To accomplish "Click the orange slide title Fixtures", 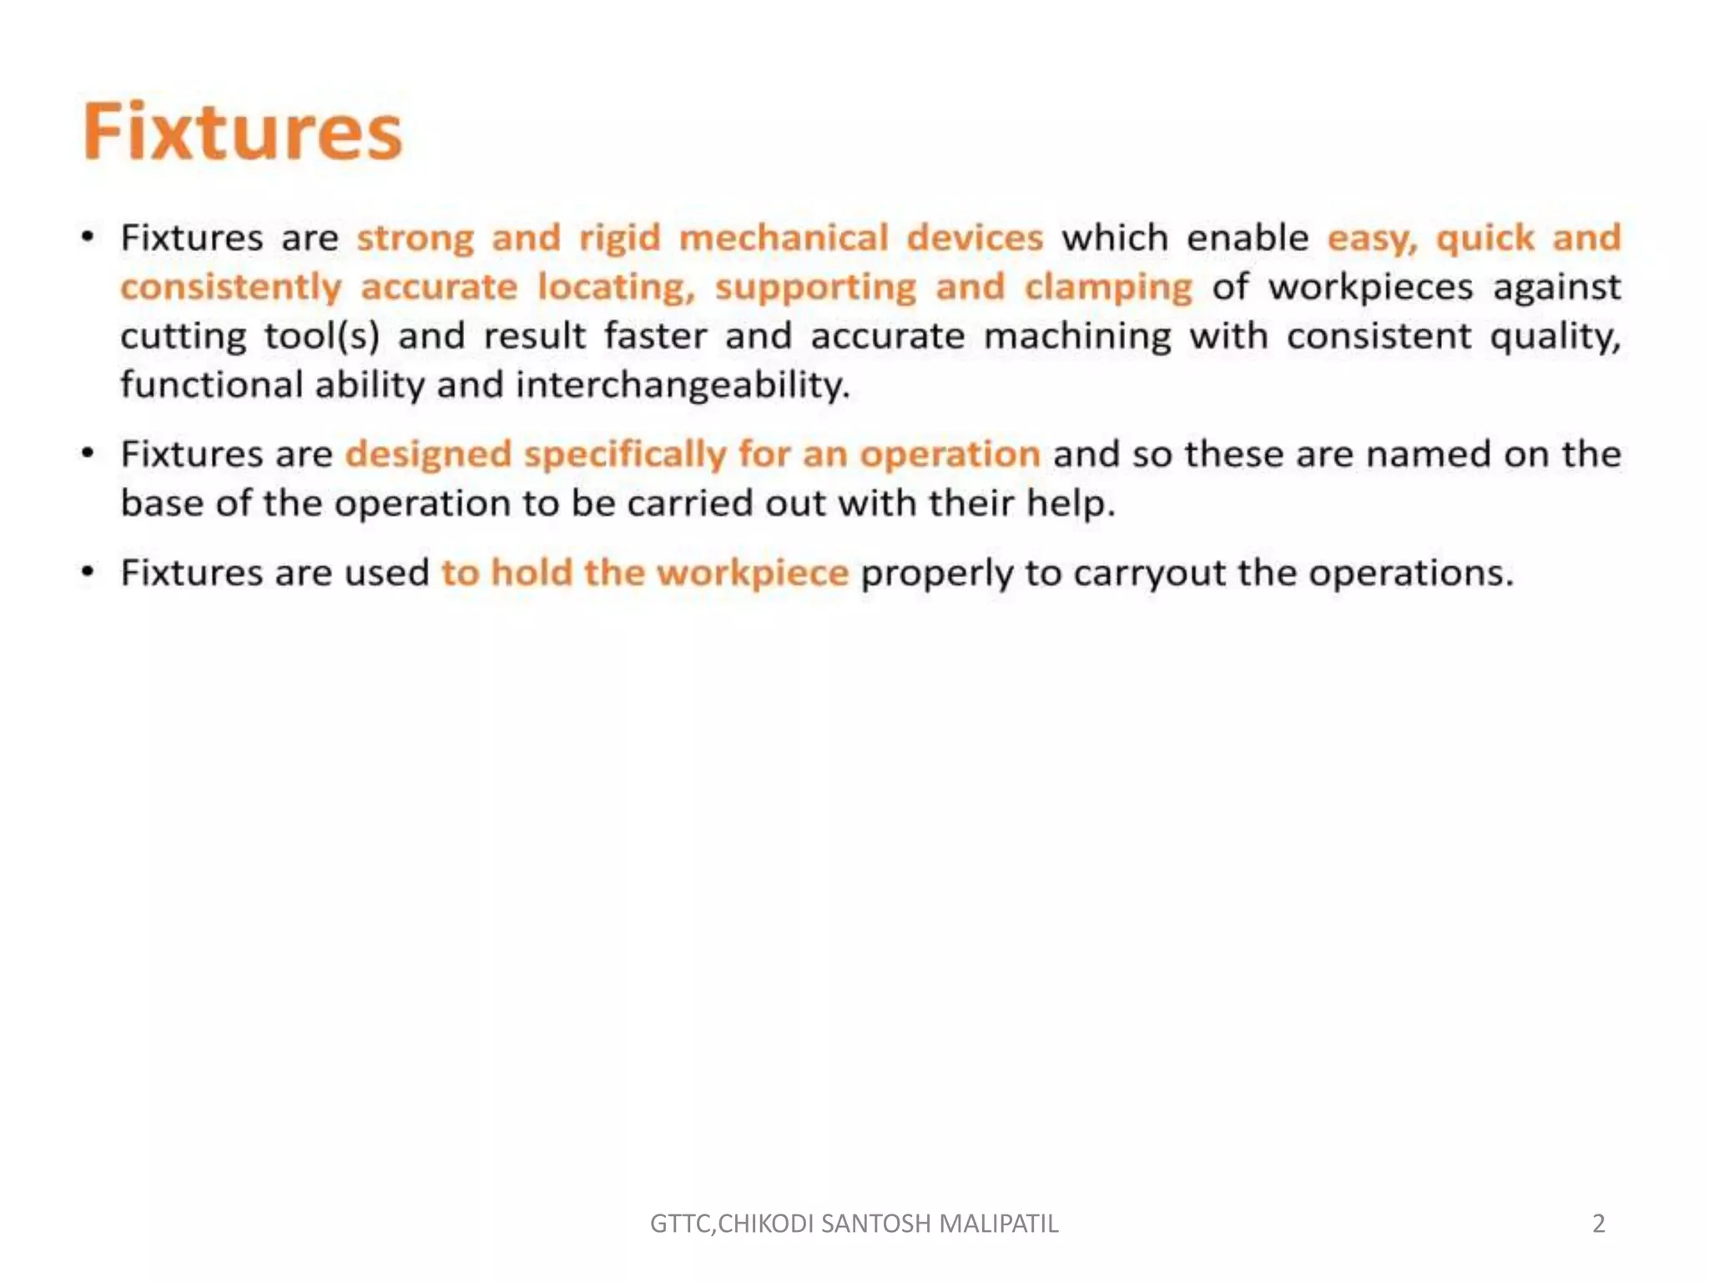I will coord(242,131).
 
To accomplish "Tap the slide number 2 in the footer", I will coord(1598,1224).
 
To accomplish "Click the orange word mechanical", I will coord(783,238).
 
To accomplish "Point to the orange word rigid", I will coord(619,238).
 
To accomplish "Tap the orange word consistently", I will coord(231,287).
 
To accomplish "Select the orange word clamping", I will coord(1108,287).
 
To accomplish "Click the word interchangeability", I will coord(683,385).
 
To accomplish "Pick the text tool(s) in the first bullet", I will coord(321,336).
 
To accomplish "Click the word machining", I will coord(1077,336).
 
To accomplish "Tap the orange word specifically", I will coord(625,455).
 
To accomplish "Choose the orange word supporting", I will coord(815,287).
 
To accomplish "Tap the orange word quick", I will coord(1485,238).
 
